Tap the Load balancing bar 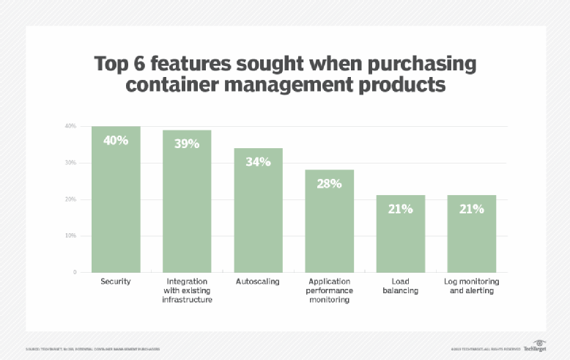[x=400, y=234]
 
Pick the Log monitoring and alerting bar [x=471, y=234]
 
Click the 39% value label [x=187, y=144]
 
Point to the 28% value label [x=329, y=183]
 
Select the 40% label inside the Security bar [x=116, y=140]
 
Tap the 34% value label [x=258, y=161]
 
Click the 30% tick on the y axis [x=70, y=163]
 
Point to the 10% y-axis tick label [x=70, y=236]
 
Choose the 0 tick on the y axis [x=74, y=273]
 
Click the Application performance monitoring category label [x=329, y=290]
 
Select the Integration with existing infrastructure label [x=187, y=290]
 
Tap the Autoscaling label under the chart [x=258, y=282]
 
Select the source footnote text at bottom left [x=93, y=349]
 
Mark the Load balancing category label [x=400, y=286]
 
